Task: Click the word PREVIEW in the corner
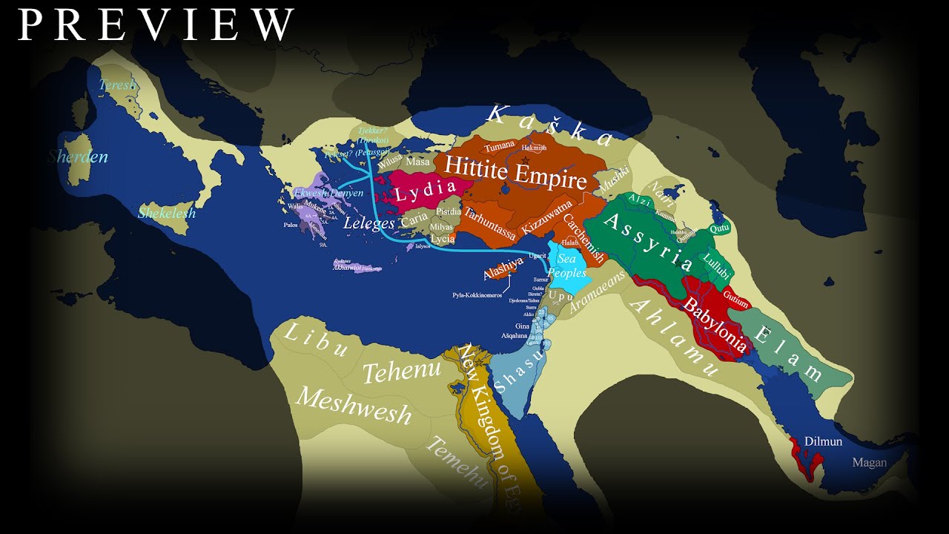pos(156,24)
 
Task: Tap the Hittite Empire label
pos(517,171)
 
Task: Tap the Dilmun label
pos(823,441)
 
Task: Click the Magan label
pos(869,463)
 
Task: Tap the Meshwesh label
pos(353,406)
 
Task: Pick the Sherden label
pos(79,156)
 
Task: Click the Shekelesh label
pos(167,214)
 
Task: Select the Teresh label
pos(118,85)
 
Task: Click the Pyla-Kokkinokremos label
pos(485,294)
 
